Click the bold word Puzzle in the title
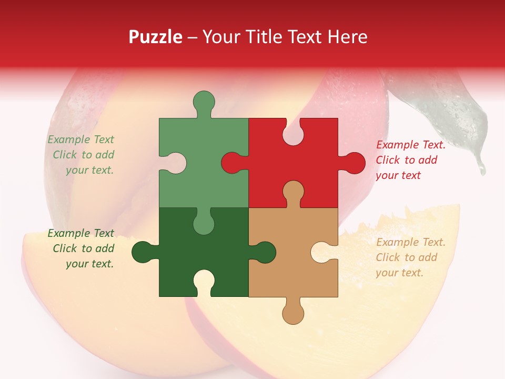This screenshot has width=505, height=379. coord(156,37)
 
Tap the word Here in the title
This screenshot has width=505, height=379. coord(347,37)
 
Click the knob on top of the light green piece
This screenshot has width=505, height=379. coord(204,102)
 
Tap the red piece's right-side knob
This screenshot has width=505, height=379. coord(353,163)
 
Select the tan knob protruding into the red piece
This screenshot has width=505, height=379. coord(293,192)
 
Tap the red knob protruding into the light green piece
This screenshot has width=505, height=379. coord(233,163)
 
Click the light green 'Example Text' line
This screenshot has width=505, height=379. coord(80,139)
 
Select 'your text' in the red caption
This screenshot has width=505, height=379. coord(398,175)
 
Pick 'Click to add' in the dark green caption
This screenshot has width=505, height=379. coord(83,248)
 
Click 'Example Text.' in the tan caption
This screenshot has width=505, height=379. coord(410,242)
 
